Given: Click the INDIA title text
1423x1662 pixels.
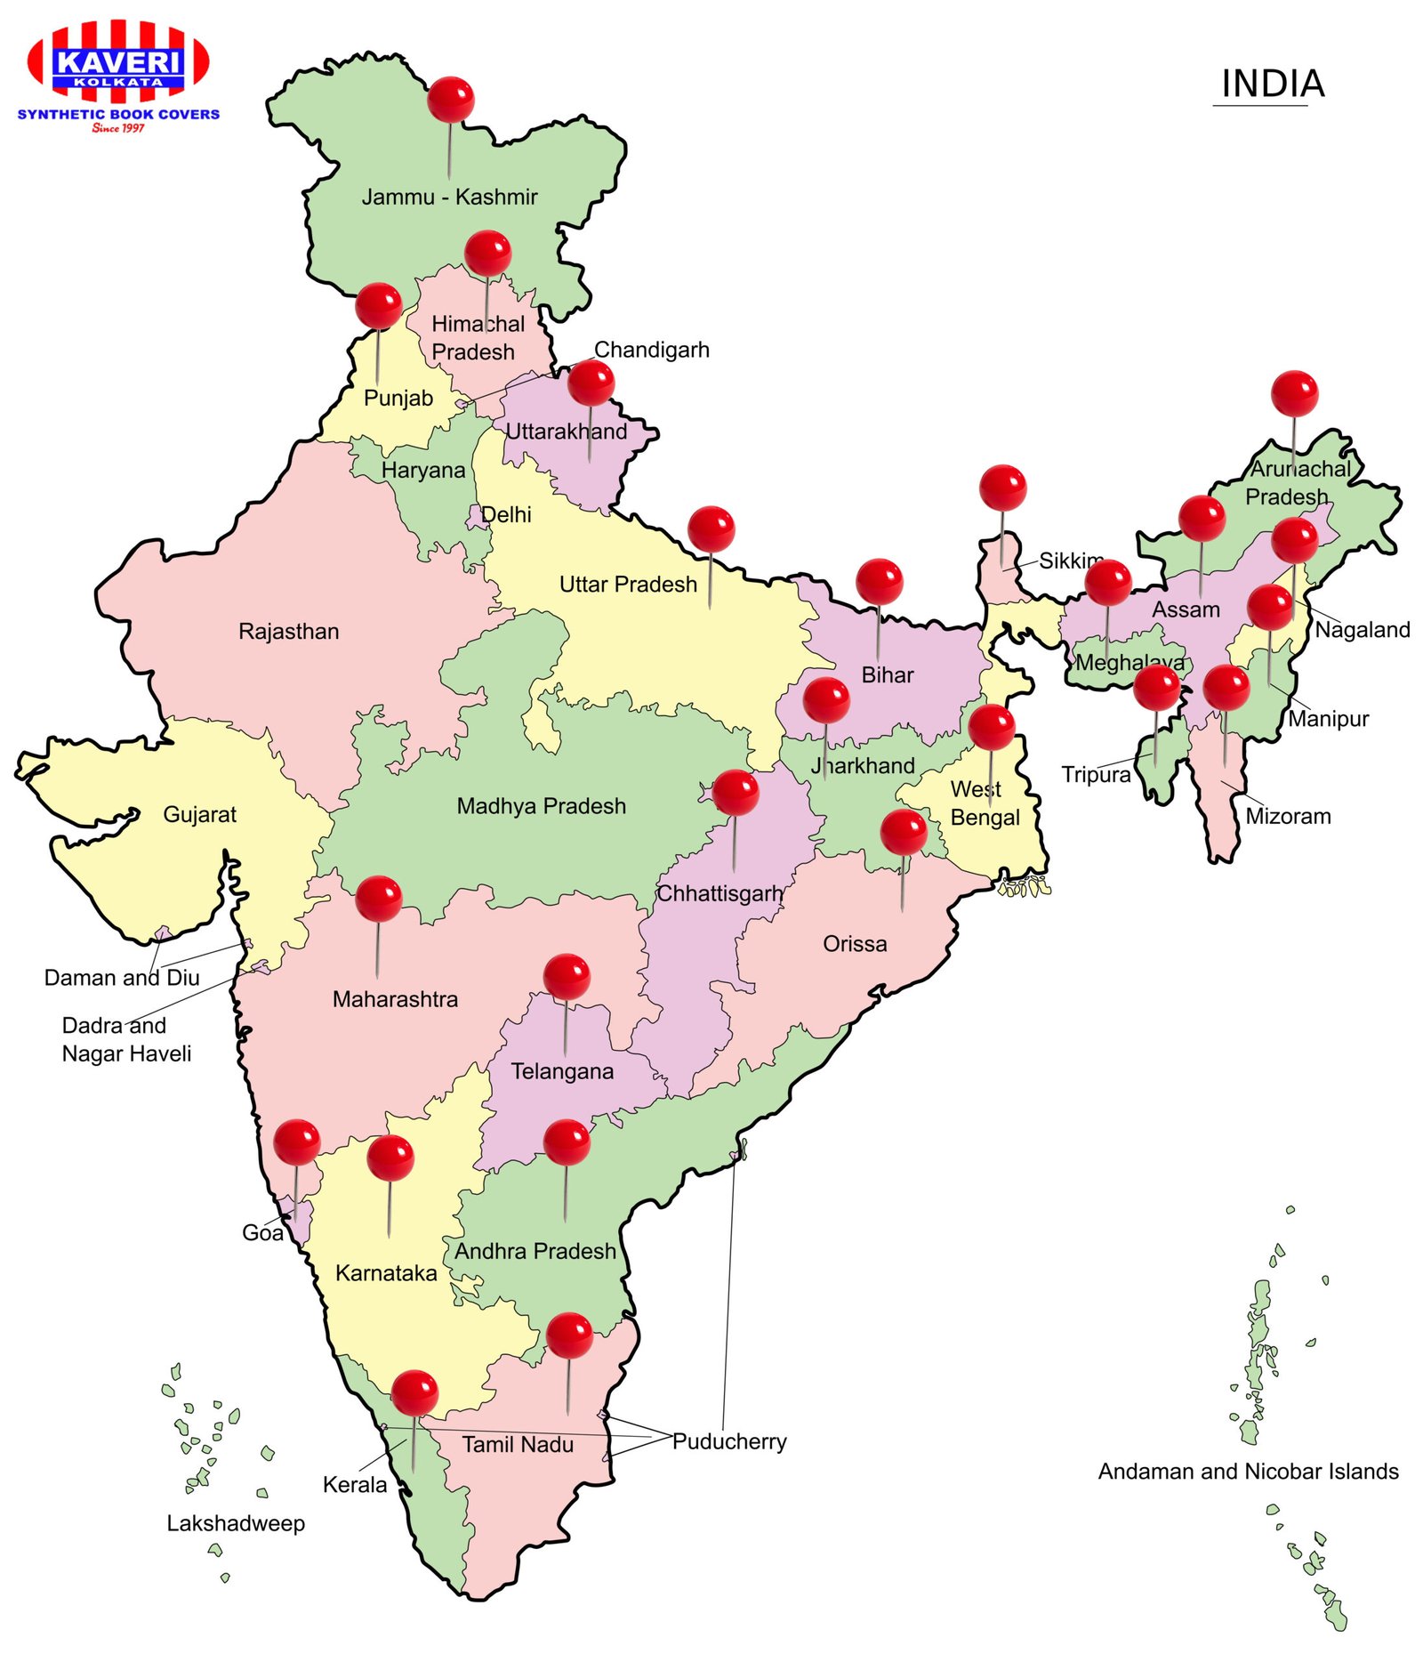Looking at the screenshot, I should pos(1272,84).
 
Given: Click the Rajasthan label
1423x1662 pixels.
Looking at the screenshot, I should pos(289,632).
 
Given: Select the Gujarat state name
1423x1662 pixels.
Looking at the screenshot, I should pos(200,814).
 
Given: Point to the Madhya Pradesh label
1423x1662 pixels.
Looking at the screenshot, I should pos(541,806).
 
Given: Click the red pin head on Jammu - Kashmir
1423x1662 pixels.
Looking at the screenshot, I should pos(450,99).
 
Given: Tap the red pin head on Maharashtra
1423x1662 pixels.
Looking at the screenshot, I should pos(379,898).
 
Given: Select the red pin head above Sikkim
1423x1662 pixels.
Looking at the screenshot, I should pos(1002,488).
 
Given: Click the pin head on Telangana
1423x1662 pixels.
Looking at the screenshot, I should pos(567,977).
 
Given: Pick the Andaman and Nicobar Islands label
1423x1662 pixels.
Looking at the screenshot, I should pos(1248,1471).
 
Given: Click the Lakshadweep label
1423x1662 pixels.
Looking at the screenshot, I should pos(236,1523).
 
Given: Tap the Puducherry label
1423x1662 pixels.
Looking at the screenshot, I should pos(729,1441).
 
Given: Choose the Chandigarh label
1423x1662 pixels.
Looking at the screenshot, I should pos(652,350).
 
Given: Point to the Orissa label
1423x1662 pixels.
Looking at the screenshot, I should pos(855,943).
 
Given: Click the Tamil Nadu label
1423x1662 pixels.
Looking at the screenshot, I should pos(518,1444).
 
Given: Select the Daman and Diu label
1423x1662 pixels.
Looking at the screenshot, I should pos(122,978).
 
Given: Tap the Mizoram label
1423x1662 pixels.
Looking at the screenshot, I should pos(1288,816).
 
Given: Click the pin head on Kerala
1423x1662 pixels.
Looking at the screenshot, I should pos(414,1392).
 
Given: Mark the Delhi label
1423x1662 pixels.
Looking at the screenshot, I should pos(506,514).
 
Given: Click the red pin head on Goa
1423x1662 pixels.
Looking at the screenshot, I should pos(296,1142).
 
